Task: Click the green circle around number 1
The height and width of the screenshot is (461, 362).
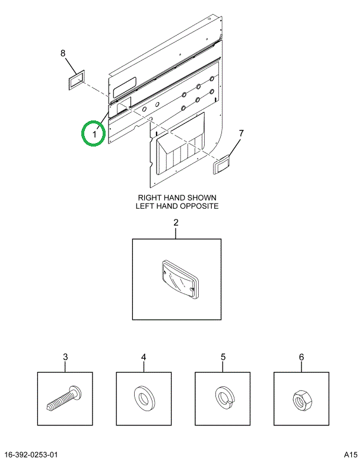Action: click(x=93, y=132)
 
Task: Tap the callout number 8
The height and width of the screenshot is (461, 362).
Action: click(x=64, y=54)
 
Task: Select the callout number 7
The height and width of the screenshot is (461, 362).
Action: click(x=241, y=133)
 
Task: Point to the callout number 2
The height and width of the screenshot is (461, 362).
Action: click(x=176, y=223)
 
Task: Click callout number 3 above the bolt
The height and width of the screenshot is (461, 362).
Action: click(x=65, y=357)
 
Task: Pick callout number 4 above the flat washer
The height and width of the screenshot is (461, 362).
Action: click(x=143, y=357)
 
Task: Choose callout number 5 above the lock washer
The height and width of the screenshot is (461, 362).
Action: click(x=223, y=357)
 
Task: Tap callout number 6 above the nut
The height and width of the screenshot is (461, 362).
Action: click(x=301, y=357)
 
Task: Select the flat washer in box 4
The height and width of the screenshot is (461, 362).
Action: click(x=143, y=398)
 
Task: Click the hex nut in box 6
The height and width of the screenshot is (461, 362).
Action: click(x=300, y=398)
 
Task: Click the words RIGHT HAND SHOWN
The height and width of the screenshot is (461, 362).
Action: click(x=177, y=198)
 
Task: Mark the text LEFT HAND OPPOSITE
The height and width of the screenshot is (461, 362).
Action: click(x=177, y=206)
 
